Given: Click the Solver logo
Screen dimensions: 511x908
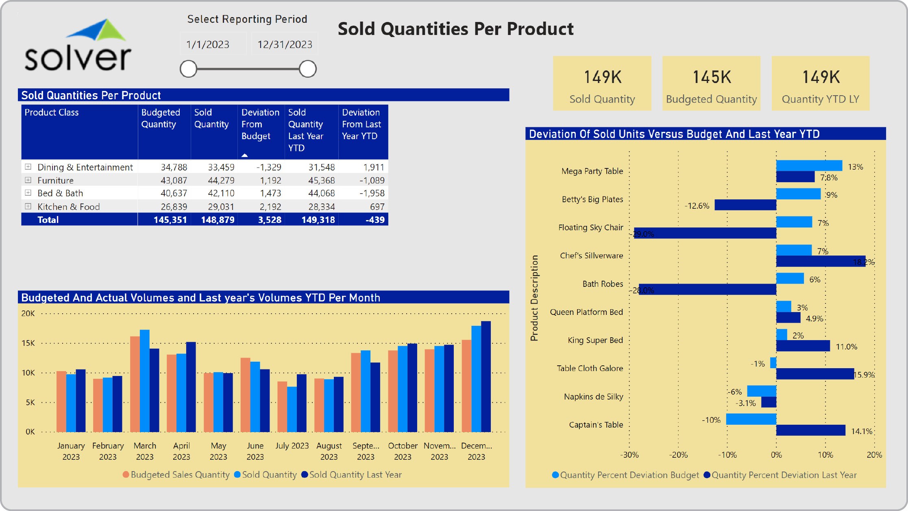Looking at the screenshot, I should (78, 46).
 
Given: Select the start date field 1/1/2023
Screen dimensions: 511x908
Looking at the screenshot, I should (208, 44).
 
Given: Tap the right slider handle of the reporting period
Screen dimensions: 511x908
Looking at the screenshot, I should (307, 69).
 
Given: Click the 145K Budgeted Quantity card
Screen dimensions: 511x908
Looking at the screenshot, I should (711, 83).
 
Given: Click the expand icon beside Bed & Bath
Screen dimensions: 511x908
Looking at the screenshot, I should (28, 193).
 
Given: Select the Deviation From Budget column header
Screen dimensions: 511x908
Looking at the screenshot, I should (260, 124).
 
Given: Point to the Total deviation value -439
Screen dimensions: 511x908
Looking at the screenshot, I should (375, 220).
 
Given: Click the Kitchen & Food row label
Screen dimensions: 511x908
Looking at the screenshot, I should (68, 207).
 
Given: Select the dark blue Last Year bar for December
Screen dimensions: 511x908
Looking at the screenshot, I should (486, 376).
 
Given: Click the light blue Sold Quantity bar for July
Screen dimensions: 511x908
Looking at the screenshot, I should (292, 409).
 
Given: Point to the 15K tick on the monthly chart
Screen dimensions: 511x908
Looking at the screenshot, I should (28, 343).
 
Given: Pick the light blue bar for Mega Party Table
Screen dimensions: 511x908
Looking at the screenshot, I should (809, 166).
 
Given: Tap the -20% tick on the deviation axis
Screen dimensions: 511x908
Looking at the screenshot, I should (678, 455).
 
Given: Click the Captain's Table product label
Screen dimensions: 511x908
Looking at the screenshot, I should (596, 425).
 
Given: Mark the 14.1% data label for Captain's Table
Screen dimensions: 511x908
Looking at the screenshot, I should (862, 431).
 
